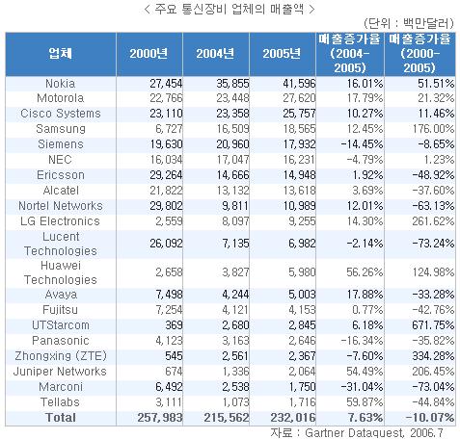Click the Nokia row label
click(x=60, y=84)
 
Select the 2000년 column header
click(x=149, y=54)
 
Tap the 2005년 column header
click(x=282, y=54)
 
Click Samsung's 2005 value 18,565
click(x=299, y=129)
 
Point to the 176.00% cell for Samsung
click(x=433, y=129)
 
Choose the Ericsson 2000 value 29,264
click(x=166, y=175)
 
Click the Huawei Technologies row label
click(x=61, y=272)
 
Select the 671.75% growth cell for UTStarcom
click(x=433, y=325)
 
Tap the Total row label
click(x=61, y=418)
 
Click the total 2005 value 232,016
click(x=293, y=418)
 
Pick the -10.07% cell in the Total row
click(x=430, y=418)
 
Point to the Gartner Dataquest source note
click(x=357, y=433)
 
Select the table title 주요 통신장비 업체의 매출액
click(x=230, y=9)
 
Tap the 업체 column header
click(x=60, y=54)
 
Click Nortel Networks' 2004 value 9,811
click(x=235, y=206)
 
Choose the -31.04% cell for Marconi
click(x=362, y=387)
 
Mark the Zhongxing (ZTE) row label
click(x=61, y=356)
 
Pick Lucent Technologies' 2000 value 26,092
click(x=166, y=244)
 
